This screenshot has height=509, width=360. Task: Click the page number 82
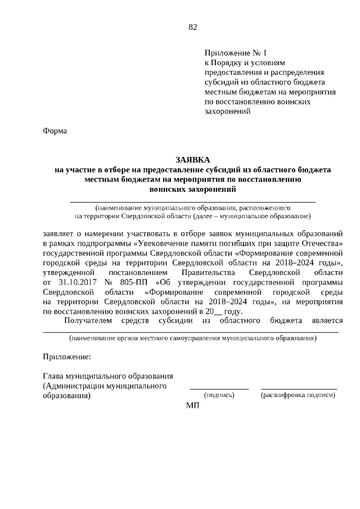[193, 26]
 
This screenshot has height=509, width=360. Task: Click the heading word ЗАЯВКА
[193, 160]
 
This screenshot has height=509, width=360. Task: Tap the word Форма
[55, 131]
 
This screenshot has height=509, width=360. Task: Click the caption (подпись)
[219, 395]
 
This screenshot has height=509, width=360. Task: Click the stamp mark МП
[193, 406]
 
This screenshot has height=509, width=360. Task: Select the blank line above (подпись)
[219, 389]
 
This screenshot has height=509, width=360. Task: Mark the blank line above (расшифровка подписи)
[299, 389]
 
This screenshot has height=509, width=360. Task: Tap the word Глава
[53, 376]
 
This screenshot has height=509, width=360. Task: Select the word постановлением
[130, 272]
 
